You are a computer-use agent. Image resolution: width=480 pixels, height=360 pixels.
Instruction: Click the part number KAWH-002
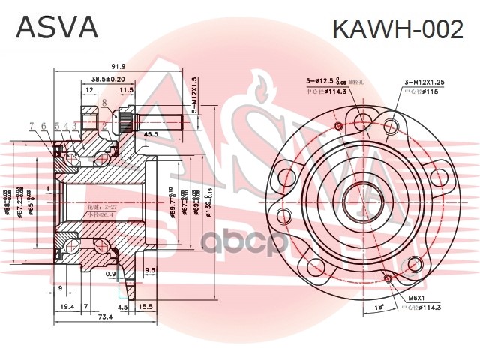(x=397, y=29)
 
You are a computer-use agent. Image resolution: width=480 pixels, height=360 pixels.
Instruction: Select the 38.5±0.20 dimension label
(x=108, y=79)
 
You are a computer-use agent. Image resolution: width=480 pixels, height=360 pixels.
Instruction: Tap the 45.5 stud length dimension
(x=151, y=134)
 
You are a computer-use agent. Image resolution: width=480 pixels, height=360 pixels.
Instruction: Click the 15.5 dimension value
(x=145, y=307)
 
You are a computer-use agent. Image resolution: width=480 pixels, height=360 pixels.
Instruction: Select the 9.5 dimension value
(x=150, y=270)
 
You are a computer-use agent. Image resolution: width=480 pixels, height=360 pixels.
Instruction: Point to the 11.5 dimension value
(x=127, y=90)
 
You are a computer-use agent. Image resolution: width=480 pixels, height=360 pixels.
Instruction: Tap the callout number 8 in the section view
(x=105, y=102)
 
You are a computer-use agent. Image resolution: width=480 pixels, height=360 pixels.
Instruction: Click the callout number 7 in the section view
(x=31, y=125)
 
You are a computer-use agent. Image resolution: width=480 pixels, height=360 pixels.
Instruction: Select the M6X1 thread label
(x=416, y=298)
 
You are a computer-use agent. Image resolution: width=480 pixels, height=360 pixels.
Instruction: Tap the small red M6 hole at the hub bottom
(x=387, y=280)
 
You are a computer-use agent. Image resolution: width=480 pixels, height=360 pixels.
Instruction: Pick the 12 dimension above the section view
(x=89, y=90)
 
